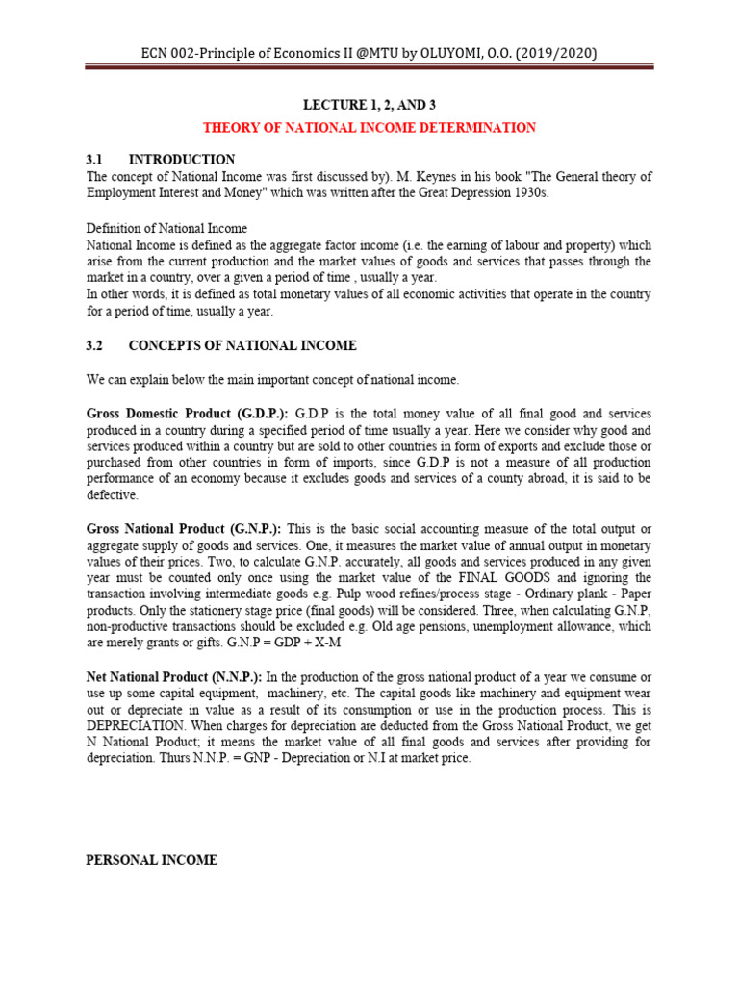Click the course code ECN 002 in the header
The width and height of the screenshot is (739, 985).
(x=170, y=53)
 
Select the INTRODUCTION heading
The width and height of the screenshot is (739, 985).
(x=181, y=159)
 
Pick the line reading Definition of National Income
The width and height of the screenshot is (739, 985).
(x=166, y=228)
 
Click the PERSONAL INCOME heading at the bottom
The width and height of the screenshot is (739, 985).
(x=152, y=860)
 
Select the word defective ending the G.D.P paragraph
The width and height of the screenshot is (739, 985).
(x=113, y=495)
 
